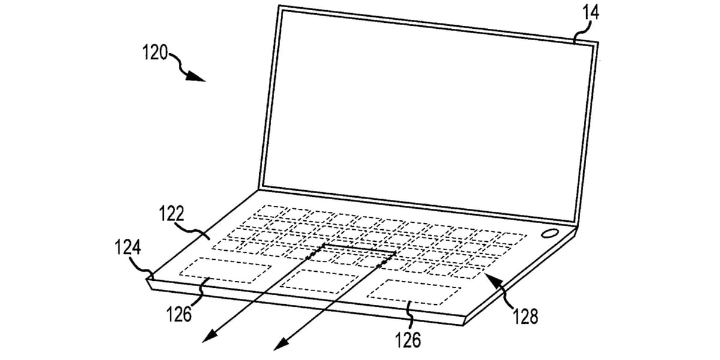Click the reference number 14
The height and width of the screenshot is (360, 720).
[591, 13]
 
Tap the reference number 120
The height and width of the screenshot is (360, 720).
[155, 52]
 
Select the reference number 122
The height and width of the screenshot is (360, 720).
[172, 213]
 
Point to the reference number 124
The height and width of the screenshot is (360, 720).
[128, 247]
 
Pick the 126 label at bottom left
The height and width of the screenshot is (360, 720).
[179, 314]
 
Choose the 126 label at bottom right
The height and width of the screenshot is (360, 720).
[408, 340]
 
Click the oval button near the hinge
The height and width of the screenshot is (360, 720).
[550, 233]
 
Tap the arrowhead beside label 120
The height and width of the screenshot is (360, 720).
[195, 77]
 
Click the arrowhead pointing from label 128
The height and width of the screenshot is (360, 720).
[494, 281]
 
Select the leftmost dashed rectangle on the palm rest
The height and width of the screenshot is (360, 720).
[225, 270]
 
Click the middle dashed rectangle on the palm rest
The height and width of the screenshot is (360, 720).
[319, 281]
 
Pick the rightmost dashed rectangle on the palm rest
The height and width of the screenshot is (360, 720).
[414, 292]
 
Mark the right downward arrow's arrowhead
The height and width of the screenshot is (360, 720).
[281, 343]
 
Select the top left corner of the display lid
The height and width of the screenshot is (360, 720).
[278, 5]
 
